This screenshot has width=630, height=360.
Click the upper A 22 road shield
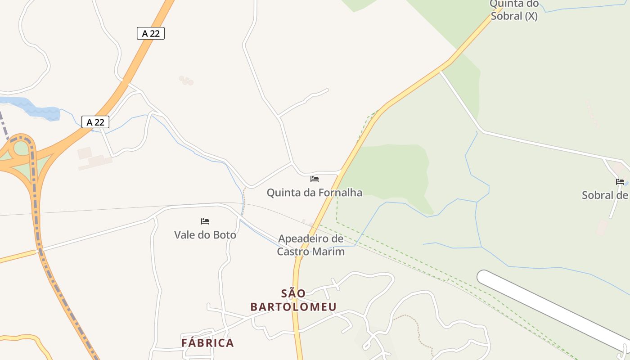pyautogui.click(x=151, y=33)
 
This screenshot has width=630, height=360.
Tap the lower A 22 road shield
pyautogui.click(x=95, y=122)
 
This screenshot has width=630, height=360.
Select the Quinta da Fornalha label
pyautogui.click(x=314, y=193)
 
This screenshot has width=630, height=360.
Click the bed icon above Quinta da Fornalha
pyautogui.click(x=315, y=179)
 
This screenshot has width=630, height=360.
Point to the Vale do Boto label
pyautogui.click(x=205, y=234)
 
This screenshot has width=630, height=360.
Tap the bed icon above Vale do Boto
pyautogui.click(x=205, y=221)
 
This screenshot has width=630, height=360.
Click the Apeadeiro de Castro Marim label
pyautogui.click(x=310, y=245)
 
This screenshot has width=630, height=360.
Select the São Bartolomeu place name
pyautogui.click(x=293, y=300)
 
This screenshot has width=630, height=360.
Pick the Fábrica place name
pyautogui.click(x=207, y=342)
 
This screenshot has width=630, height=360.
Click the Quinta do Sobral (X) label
pyautogui.click(x=514, y=10)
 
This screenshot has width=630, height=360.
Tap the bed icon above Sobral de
pyautogui.click(x=620, y=182)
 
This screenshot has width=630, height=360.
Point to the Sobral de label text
pyautogui.click(x=605, y=195)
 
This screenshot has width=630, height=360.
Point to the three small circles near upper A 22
pyautogui.click(x=186, y=81)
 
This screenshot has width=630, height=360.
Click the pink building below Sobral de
pyautogui.click(x=602, y=227)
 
